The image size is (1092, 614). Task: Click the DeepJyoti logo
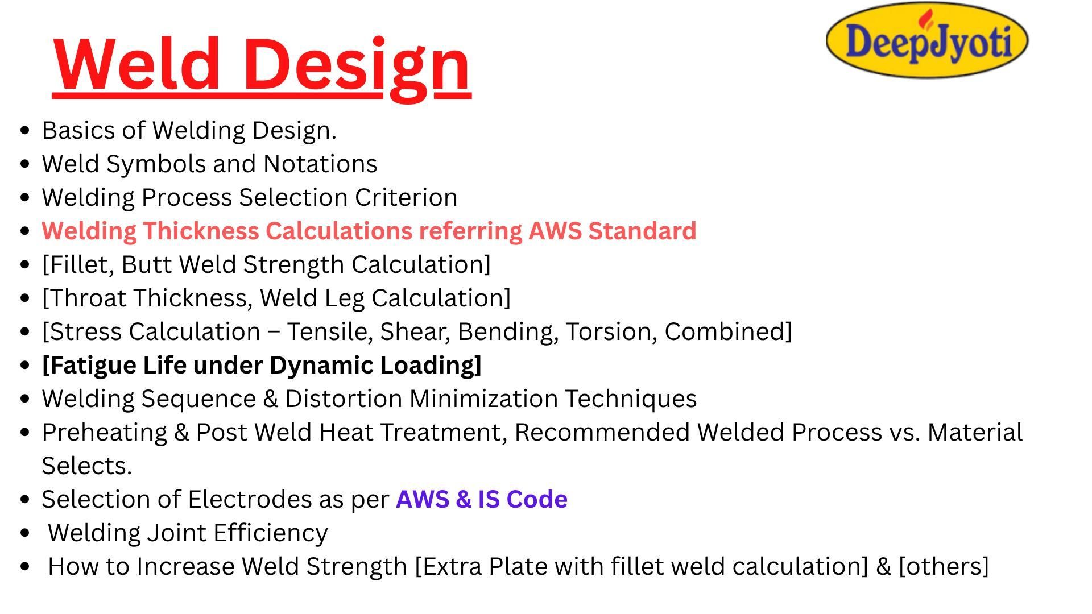click(x=927, y=40)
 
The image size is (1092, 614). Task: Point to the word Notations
click(x=320, y=164)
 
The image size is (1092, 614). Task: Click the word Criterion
click(x=406, y=197)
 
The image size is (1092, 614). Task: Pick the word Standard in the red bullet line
click(x=642, y=231)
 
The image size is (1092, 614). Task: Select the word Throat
click(x=87, y=298)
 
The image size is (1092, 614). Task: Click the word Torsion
click(x=611, y=332)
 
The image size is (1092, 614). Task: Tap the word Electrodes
click(x=249, y=499)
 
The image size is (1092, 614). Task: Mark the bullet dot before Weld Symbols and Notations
click(x=24, y=164)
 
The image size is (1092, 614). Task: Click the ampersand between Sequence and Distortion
click(x=270, y=399)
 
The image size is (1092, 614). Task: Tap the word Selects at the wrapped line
click(x=86, y=466)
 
